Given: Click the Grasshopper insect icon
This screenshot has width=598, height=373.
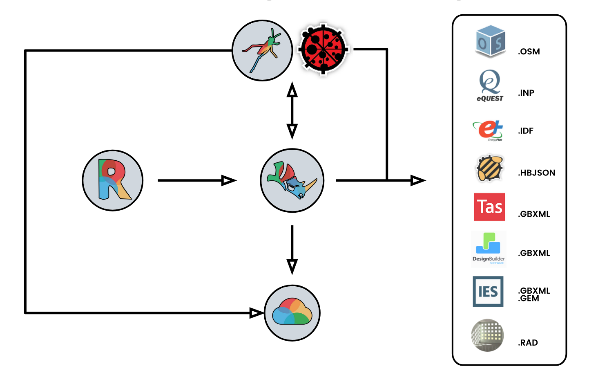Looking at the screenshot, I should click(x=262, y=51).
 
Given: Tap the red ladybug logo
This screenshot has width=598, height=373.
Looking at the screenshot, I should click(x=323, y=49).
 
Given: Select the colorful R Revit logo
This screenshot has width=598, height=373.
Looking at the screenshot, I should click(x=113, y=180).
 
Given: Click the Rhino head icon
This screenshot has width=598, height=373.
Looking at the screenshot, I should click(x=292, y=180).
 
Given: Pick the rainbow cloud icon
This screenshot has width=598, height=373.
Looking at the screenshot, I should click(x=292, y=313).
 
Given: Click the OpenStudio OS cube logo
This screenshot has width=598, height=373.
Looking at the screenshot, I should click(x=490, y=42).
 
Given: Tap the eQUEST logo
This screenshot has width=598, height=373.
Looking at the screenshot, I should click(x=490, y=85).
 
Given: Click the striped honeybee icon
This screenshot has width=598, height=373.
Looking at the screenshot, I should click(x=490, y=168).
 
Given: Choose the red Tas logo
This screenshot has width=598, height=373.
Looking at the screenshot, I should click(x=489, y=207).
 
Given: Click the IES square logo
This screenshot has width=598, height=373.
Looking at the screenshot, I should click(x=488, y=291).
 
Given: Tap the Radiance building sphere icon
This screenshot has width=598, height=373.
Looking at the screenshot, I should click(x=487, y=335).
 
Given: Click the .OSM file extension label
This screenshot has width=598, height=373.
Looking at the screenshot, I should click(x=529, y=52).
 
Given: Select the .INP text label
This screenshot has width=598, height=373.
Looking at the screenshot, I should click(x=526, y=93).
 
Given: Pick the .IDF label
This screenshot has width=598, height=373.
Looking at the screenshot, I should click(x=526, y=131).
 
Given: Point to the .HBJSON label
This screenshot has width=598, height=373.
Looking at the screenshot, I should click(x=537, y=173).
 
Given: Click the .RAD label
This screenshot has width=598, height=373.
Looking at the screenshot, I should click(x=528, y=343).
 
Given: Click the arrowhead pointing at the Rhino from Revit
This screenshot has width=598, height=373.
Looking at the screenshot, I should click(x=229, y=180).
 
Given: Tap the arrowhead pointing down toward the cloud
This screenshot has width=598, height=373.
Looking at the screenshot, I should click(x=292, y=267).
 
